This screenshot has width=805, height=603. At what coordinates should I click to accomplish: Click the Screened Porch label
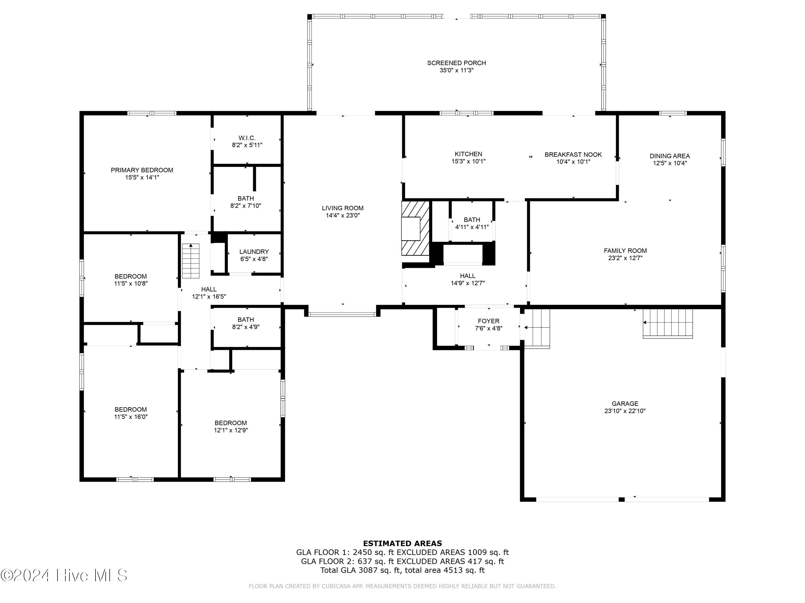click(x=456, y=63)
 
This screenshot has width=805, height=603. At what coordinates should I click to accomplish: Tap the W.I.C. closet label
click(x=247, y=138)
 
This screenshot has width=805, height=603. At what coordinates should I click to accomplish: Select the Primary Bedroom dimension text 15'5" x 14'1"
click(x=142, y=178)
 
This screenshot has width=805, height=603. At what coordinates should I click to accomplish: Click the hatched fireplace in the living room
click(x=415, y=228)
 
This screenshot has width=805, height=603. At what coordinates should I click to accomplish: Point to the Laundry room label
click(x=254, y=252)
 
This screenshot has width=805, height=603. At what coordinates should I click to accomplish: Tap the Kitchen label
click(x=468, y=154)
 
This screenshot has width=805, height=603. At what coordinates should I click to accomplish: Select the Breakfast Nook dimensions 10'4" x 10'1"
click(x=573, y=162)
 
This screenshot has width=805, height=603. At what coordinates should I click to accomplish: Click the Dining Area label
click(x=669, y=156)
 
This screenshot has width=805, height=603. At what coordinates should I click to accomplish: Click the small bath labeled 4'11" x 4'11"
click(x=472, y=224)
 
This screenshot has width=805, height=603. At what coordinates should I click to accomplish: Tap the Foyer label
click(x=488, y=321)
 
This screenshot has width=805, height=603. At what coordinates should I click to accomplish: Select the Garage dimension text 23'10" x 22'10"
click(x=625, y=411)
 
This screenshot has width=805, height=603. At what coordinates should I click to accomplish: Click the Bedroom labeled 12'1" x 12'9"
click(x=231, y=426)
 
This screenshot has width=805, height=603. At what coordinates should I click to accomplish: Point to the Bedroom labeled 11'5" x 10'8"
click(x=131, y=280)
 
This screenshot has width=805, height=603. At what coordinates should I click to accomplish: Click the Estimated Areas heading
click(x=402, y=544)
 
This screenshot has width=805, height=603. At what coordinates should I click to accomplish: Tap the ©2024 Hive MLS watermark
click(x=64, y=575)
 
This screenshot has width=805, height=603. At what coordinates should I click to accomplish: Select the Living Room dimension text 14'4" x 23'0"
click(x=342, y=215)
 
